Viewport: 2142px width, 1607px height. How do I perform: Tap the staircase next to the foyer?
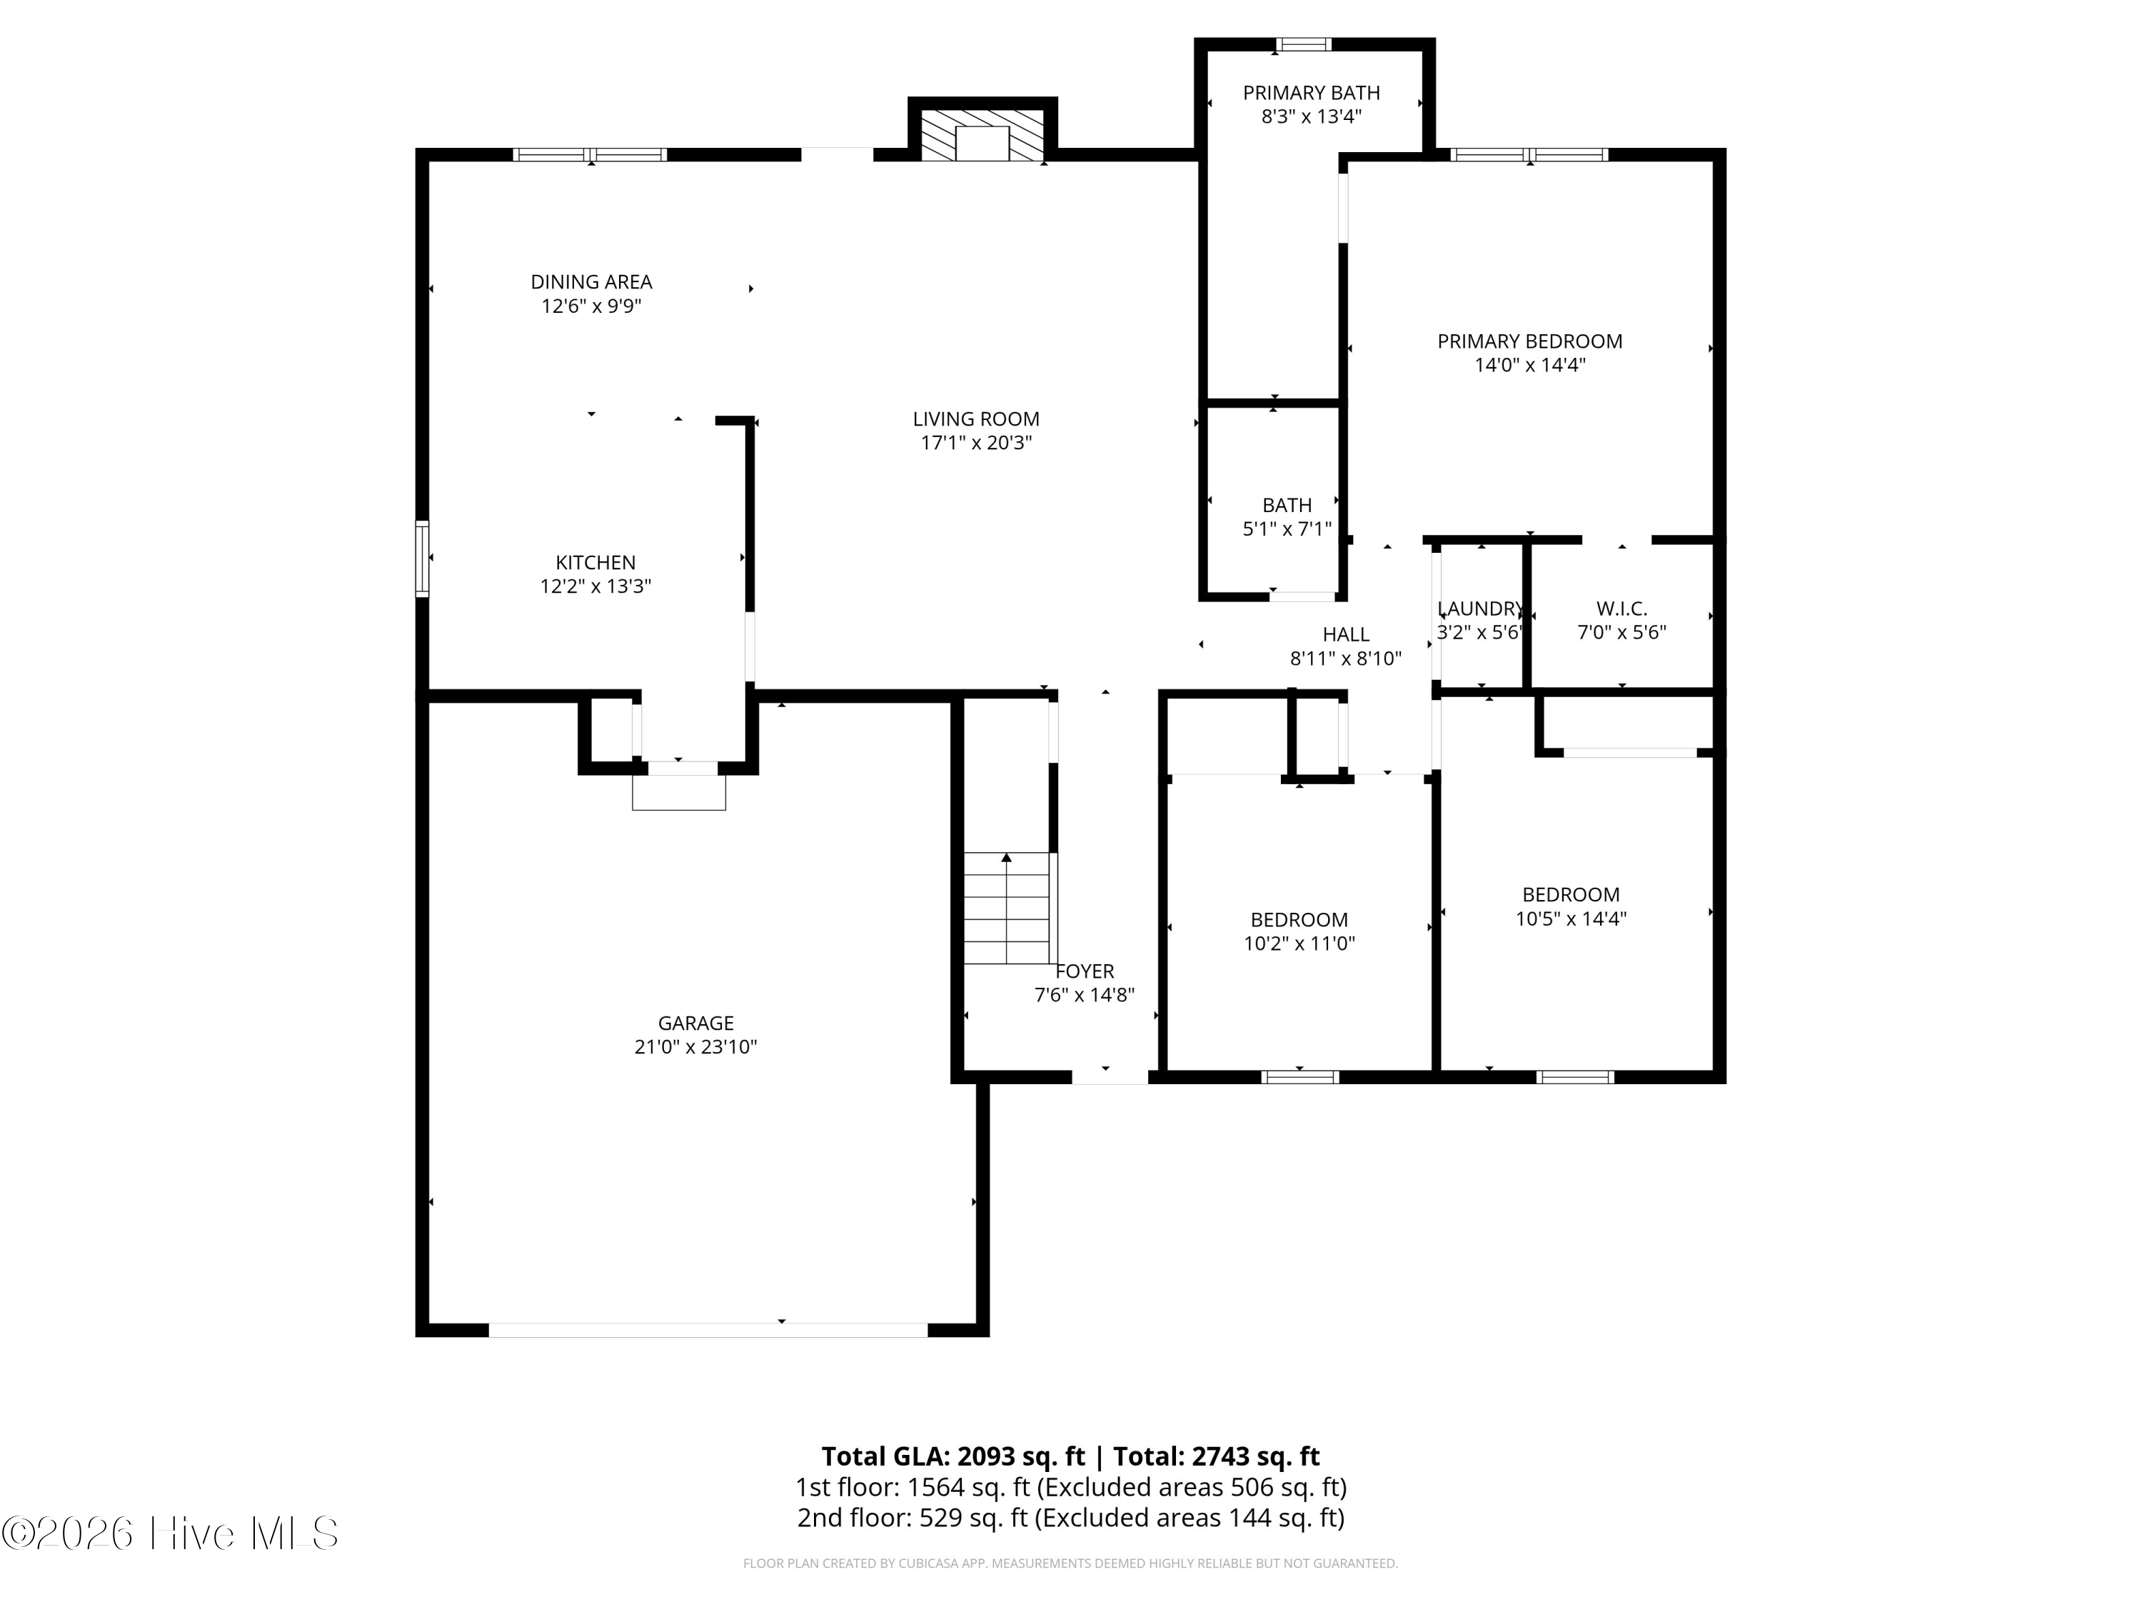tap(1007, 908)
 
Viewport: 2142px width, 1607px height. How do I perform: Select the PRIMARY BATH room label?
tap(1311, 93)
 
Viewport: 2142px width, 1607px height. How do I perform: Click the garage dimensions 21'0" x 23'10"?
tap(695, 1047)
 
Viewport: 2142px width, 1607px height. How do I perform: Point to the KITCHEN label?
tap(595, 563)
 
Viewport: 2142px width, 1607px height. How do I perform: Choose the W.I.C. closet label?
tap(1622, 609)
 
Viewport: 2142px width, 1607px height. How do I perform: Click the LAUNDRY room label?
tap(1481, 609)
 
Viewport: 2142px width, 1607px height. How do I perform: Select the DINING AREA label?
tap(592, 282)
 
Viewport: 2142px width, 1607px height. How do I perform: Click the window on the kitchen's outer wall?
tap(422, 559)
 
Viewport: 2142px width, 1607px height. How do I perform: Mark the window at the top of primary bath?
tap(1303, 44)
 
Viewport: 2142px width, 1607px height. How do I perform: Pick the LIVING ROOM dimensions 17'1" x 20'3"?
tap(976, 444)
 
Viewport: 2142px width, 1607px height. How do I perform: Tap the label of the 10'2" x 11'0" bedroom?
tap(1299, 920)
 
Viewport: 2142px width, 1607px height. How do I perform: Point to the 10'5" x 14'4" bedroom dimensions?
tap(1571, 919)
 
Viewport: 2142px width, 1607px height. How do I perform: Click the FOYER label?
tap(1085, 971)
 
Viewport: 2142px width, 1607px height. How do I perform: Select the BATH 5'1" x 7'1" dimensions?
tap(1287, 530)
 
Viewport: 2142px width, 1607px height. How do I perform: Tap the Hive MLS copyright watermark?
tap(171, 1533)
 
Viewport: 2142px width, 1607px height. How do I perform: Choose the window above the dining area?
tap(590, 154)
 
